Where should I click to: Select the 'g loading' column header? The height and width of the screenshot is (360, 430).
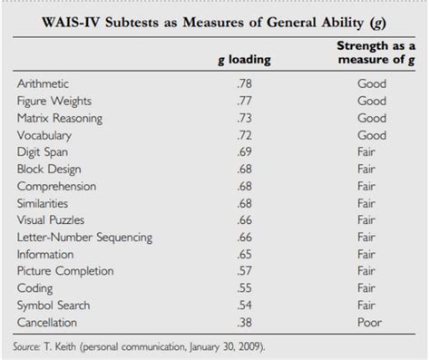point(244,61)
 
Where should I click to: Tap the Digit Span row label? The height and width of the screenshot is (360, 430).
point(43,151)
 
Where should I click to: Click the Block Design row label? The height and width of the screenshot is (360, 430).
point(49,169)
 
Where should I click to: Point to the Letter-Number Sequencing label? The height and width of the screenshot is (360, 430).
point(83,237)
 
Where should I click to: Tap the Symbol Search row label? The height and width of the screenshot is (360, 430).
point(54,305)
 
